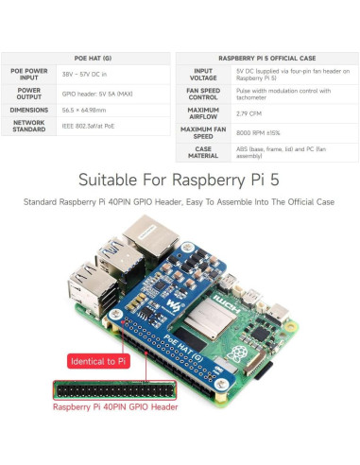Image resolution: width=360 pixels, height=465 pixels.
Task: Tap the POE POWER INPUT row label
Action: click(x=29, y=74)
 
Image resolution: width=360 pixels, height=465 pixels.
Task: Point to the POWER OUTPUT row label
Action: click(x=29, y=92)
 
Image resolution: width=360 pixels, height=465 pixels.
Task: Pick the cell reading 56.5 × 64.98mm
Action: click(x=83, y=109)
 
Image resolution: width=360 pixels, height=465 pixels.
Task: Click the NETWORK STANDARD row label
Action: click(x=29, y=126)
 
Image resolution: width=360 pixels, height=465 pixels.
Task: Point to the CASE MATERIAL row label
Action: click(x=203, y=152)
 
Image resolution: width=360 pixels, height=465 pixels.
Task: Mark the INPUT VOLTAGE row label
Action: click(x=203, y=74)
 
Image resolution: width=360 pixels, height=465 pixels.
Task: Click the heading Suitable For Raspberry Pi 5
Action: click(x=180, y=179)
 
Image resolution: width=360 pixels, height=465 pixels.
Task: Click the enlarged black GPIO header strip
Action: click(x=115, y=389)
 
